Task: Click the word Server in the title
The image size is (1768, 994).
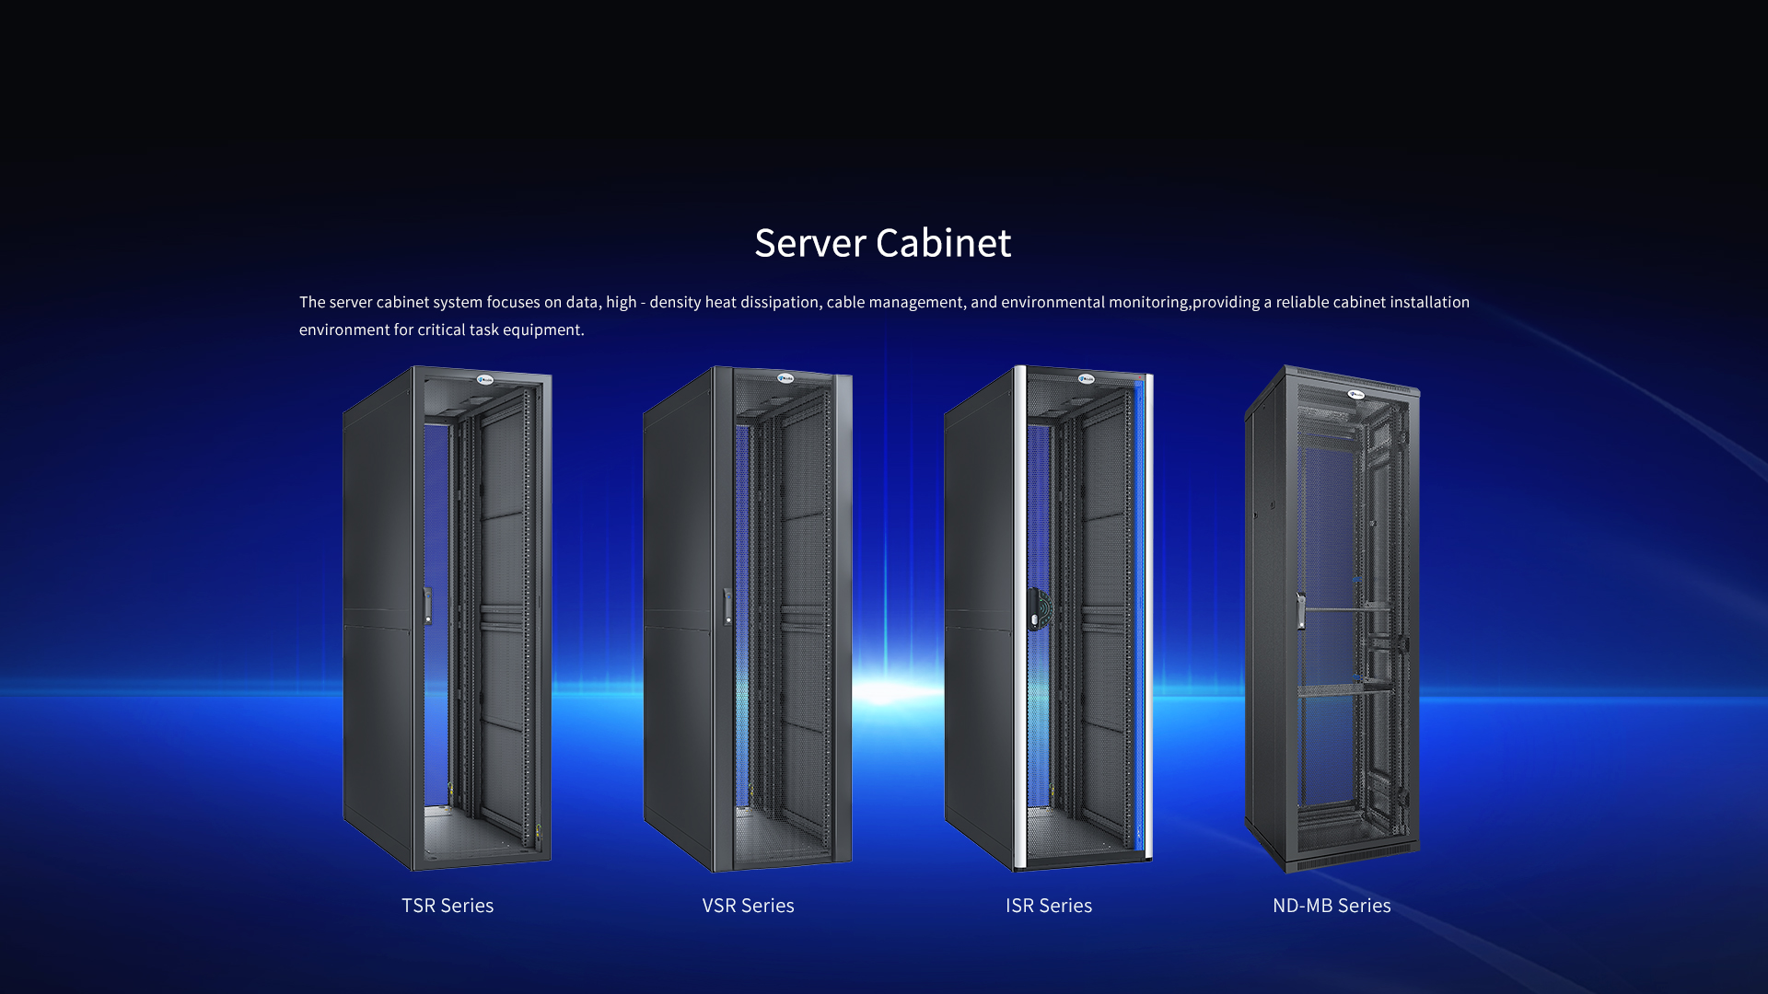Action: [810, 244]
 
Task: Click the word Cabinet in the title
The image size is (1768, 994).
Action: [943, 244]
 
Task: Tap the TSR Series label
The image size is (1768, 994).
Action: [448, 906]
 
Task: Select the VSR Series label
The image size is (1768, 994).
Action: [748, 906]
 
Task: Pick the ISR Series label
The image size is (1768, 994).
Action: [1049, 906]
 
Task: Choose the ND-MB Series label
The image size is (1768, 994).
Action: [1332, 906]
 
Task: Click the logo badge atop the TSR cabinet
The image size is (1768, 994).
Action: [485, 379]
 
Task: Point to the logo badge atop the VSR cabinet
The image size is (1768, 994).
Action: [785, 378]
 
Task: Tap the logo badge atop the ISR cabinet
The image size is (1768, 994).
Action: [1087, 378]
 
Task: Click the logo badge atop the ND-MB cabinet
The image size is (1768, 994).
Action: [1356, 395]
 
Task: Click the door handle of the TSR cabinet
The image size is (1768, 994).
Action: [428, 606]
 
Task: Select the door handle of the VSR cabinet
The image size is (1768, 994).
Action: [728, 606]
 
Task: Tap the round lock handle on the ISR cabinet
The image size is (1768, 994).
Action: [1039, 608]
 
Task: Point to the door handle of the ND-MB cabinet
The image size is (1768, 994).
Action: [1300, 611]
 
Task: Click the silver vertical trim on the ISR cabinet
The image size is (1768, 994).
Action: [1019, 617]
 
